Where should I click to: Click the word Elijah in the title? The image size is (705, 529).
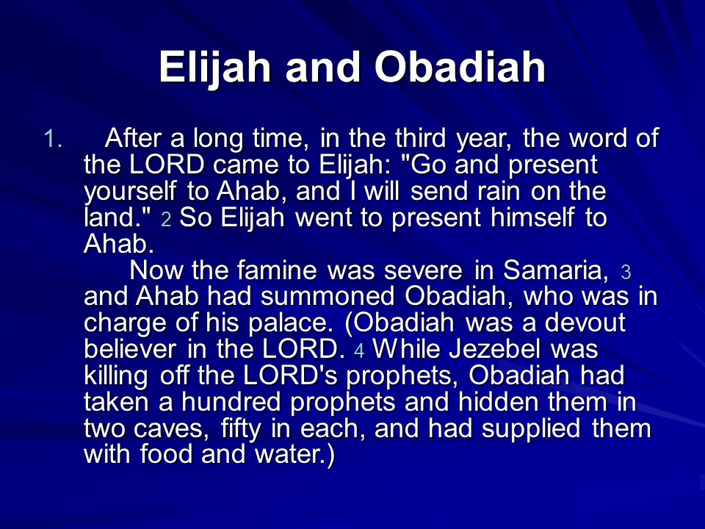point(215,68)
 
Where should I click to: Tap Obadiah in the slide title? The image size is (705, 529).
point(460,67)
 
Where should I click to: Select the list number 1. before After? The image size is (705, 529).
point(53,139)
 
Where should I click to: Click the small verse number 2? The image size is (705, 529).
point(167,220)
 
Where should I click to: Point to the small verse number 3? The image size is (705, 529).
point(626,272)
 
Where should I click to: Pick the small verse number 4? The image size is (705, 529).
point(359,351)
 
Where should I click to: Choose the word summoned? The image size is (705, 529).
point(328,296)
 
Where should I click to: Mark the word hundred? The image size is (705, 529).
point(231,402)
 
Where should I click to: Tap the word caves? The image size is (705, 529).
point(171,429)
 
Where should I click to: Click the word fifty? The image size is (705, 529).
point(241,429)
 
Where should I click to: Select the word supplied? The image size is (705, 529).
point(531,429)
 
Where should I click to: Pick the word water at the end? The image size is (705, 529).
point(289,454)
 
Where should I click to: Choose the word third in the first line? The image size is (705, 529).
point(420,138)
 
